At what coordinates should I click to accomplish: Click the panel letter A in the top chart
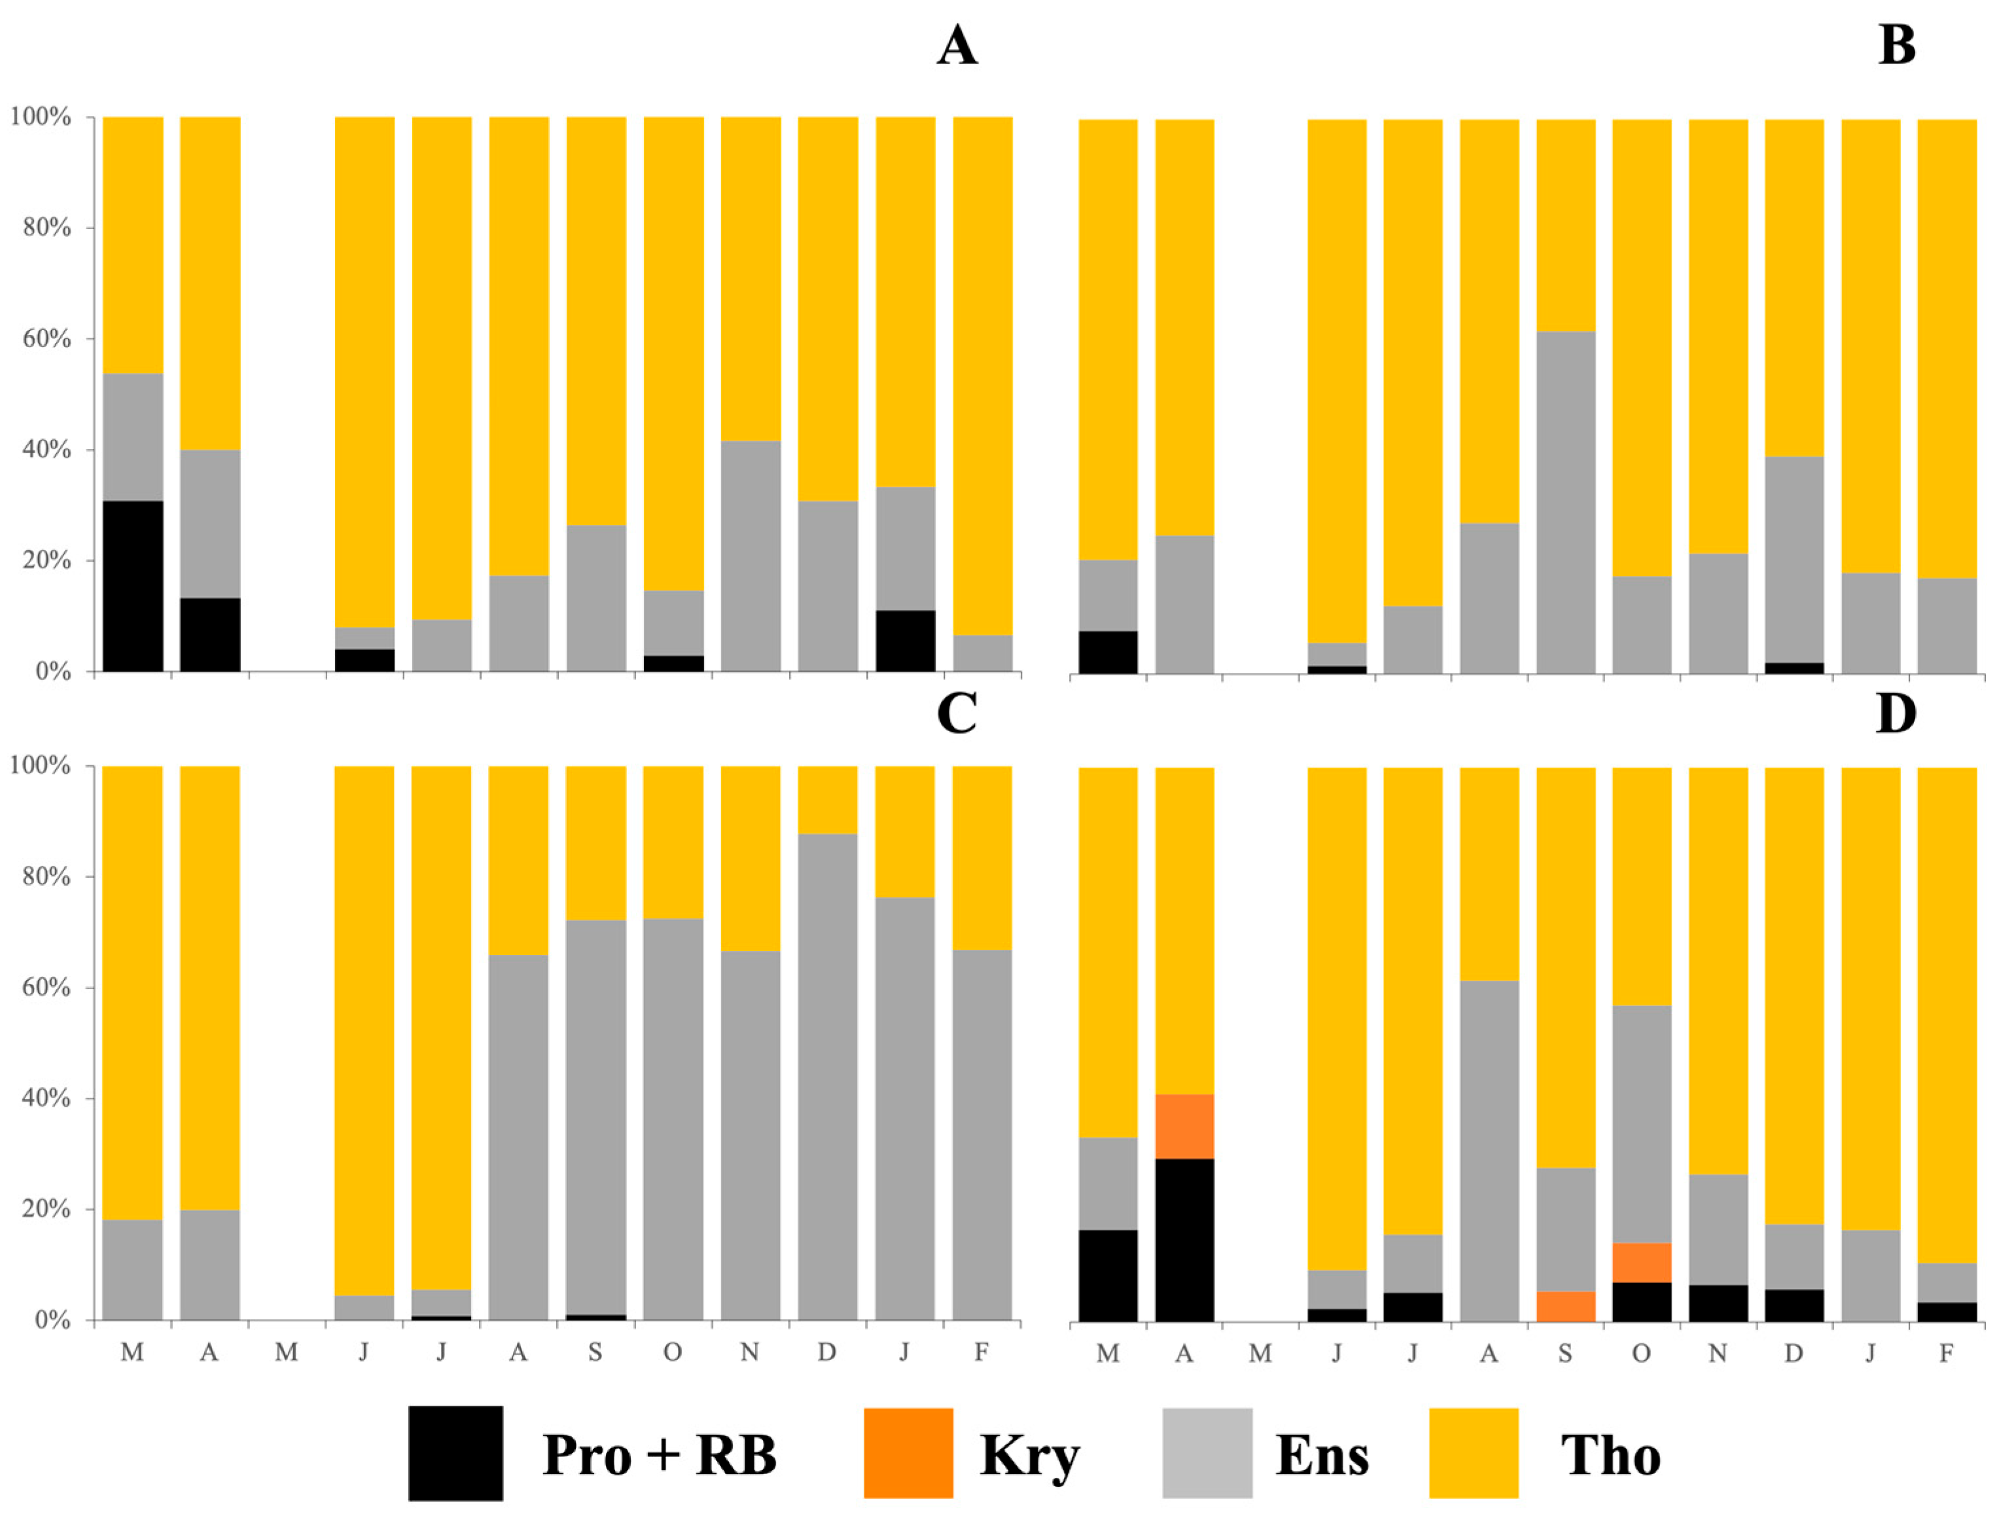[x=957, y=45]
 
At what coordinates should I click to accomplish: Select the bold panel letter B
[x=1896, y=45]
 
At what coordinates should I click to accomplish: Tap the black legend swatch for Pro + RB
[x=455, y=1453]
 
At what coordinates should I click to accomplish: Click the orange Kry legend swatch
[x=908, y=1453]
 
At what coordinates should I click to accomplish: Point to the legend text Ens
[x=1322, y=1456]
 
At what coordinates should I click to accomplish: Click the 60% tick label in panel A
[x=41, y=339]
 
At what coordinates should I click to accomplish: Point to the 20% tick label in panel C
[x=41, y=1210]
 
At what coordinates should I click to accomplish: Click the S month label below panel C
[x=595, y=1352]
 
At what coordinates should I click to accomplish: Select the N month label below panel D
[x=1718, y=1353]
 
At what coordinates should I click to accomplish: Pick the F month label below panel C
[x=982, y=1352]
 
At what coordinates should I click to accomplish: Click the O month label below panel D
[x=1642, y=1353]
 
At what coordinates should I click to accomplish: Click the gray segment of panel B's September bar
[x=1566, y=503]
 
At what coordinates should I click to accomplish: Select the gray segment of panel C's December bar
[x=828, y=1077]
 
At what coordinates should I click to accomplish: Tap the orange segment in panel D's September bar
[x=1566, y=1307]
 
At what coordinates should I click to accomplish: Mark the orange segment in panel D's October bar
[x=1642, y=1263]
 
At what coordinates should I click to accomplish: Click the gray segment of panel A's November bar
[x=751, y=556]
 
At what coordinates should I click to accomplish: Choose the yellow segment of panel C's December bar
[x=828, y=800]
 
